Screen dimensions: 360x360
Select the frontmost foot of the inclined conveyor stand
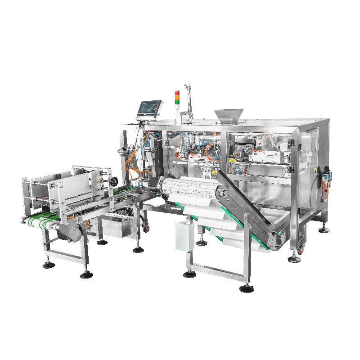pos(246,288)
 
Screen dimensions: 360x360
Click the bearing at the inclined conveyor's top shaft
pos(221,193)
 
